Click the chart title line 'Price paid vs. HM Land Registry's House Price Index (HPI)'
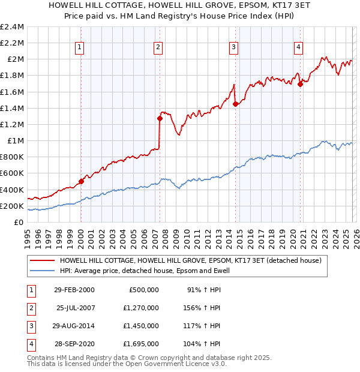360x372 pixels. pyautogui.click(x=180, y=16)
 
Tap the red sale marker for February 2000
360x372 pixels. pyautogui.click(x=81, y=181)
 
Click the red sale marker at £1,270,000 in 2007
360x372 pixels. pyautogui.click(x=160, y=119)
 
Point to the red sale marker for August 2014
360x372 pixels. pyautogui.click(x=235, y=104)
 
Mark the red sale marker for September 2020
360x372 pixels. pyautogui.click(x=300, y=84)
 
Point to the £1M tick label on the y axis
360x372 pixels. pyautogui.click(x=16, y=141)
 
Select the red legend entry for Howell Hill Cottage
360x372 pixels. pyautogui.click(x=190, y=260)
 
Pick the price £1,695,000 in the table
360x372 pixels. pyautogui.click(x=143, y=344)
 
